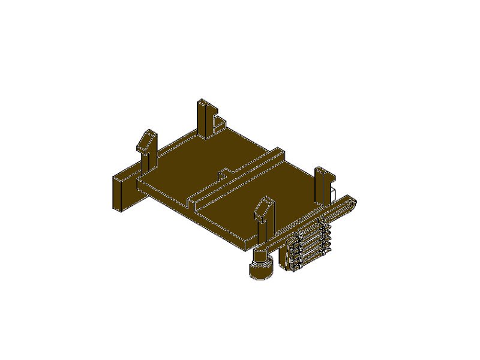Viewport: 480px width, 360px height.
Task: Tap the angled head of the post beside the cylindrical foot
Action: pos(263,207)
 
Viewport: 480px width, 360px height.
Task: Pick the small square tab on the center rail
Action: pos(223,173)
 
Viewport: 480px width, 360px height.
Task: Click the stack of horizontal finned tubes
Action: pos(309,246)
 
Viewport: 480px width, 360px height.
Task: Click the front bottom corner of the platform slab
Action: pos(246,247)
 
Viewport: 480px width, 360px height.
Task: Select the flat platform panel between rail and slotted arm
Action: pos(264,186)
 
